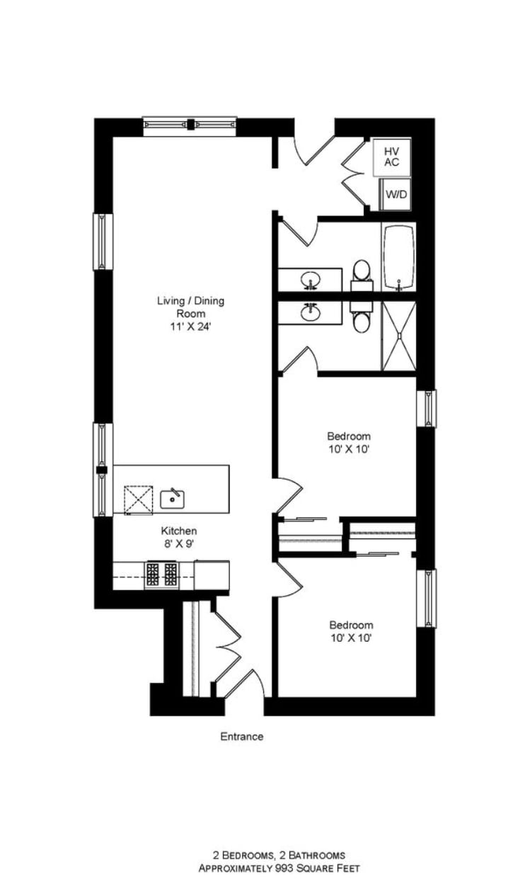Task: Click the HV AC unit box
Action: coord(391,157)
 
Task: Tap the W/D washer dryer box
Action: coord(396,194)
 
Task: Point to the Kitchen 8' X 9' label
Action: coord(178,537)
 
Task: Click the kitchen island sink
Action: coord(172,499)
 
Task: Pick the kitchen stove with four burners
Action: coord(162,573)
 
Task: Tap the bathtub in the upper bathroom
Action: coord(399,256)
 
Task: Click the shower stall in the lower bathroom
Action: coord(399,336)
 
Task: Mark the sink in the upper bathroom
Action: coord(311,281)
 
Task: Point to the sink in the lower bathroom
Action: coord(311,312)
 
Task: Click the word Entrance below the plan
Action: coord(241,737)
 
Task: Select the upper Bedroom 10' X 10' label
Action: coord(348,443)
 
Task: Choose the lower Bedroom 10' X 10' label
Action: coord(351,631)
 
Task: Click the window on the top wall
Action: coord(190,125)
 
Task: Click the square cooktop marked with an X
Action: coord(138,499)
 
